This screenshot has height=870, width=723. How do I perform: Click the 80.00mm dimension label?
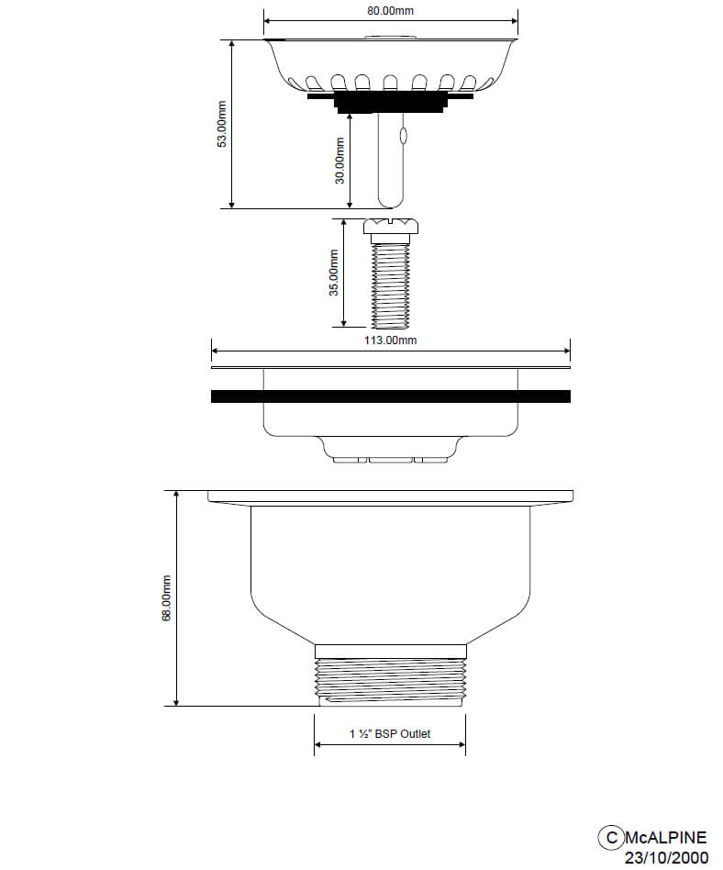(390, 10)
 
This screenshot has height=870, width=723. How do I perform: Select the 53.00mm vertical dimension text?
(222, 124)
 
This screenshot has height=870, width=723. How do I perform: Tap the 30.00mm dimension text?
(339, 161)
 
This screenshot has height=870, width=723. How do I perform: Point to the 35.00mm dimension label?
(333, 273)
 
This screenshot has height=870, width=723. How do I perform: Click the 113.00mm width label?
(390, 340)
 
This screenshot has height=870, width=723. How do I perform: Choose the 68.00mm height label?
(166, 598)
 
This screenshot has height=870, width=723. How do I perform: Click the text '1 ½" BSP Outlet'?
(390, 733)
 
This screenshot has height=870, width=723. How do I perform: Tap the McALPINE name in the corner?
(666, 837)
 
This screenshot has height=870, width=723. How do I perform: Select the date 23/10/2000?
(666, 857)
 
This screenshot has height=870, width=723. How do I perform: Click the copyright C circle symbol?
(611, 837)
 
